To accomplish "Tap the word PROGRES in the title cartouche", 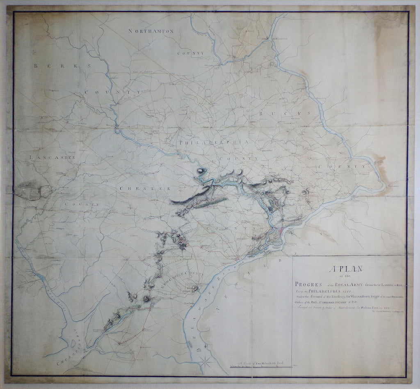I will point(305,284).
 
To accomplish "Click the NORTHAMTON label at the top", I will point(151,32).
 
